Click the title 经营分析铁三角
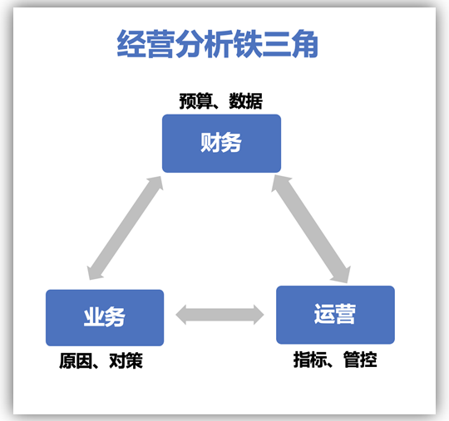click(x=217, y=44)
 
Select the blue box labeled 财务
click(x=221, y=144)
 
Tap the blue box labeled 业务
click(x=105, y=317)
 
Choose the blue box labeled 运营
click(x=335, y=315)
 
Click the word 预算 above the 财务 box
click(x=196, y=101)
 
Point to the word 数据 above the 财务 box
click(x=245, y=101)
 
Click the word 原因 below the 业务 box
click(x=76, y=360)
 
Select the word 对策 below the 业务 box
click(x=126, y=360)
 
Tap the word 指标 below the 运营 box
click(x=310, y=360)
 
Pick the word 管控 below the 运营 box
click(x=360, y=360)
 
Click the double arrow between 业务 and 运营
click(x=220, y=315)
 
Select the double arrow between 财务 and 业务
click(x=125, y=228)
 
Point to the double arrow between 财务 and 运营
click(x=311, y=229)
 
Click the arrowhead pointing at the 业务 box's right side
click(x=181, y=315)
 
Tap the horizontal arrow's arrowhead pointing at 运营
click(x=259, y=315)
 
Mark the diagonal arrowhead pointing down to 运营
click(x=343, y=275)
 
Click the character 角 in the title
click(x=304, y=44)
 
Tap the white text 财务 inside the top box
click(x=221, y=143)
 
